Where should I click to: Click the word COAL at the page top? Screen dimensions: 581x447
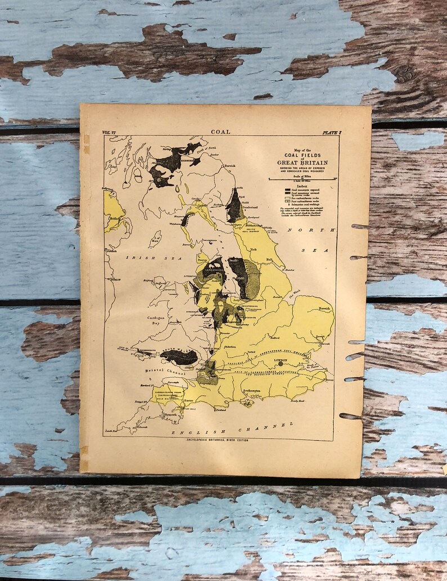[220, 132]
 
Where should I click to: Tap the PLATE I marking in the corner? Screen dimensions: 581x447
[332, 132]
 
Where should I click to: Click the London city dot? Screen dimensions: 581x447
[280, 364]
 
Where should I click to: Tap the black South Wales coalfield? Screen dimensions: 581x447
[179, 357]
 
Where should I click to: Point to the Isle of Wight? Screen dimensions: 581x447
[247, 403]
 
